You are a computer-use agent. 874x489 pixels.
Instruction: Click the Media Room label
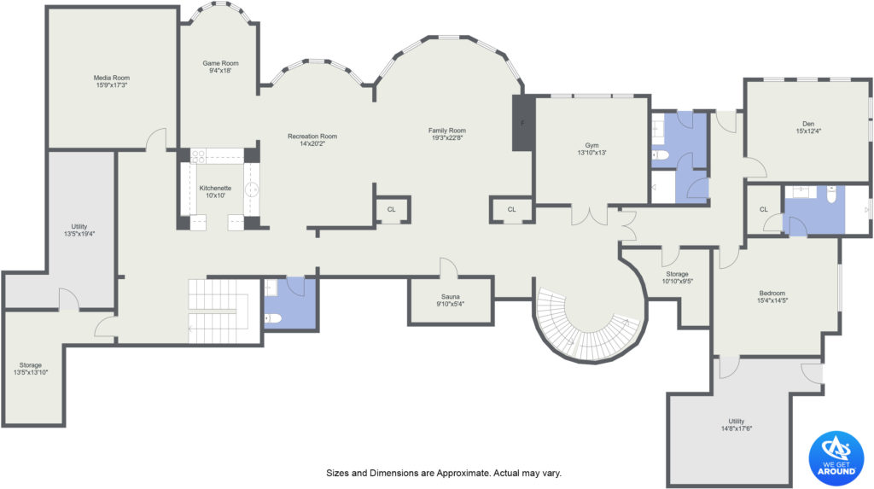point(112,78)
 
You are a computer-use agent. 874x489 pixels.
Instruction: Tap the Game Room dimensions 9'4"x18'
point(221,71)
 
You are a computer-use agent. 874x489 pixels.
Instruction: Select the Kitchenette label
point(215,188)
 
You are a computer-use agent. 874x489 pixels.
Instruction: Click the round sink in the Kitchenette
point(252,189)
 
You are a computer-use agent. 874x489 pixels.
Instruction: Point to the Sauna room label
point(451,297)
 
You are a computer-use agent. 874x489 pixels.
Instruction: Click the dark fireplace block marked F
point(523,123)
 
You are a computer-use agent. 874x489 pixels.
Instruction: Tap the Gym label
point(592,146)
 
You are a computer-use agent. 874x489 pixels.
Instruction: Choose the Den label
point(808,124)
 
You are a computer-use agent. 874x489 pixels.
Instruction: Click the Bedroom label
point(772,294)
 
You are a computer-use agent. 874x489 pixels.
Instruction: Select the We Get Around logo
point(836,458)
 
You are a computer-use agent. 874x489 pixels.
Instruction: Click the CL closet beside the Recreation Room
point(391,210)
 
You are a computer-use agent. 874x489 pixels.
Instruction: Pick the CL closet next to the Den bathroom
point(764,210)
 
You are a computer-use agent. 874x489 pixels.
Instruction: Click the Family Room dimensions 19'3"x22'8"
point(447,137)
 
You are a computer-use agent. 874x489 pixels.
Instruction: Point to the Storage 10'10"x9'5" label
point(677,277)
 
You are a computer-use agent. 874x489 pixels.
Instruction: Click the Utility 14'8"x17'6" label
point(737,425)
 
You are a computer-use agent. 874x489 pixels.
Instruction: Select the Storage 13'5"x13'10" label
point(31,369)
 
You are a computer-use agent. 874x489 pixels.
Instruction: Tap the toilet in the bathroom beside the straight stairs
point(273,318)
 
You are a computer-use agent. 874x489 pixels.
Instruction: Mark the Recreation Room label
point(312,136)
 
